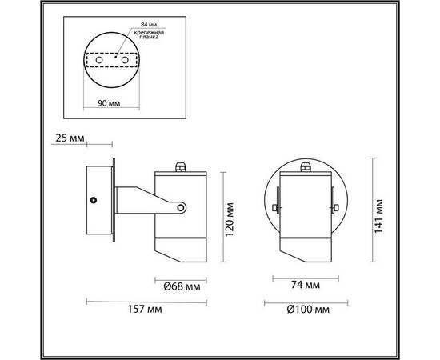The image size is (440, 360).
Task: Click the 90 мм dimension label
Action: click(x=109, y=103)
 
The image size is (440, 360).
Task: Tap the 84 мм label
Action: click(x=149, y=25)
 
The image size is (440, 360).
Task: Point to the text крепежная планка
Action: click(x=149, y=34)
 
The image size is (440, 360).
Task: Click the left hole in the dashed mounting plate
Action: click(x=99, y=60)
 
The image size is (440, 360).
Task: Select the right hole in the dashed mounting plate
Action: click(x=125, y=60)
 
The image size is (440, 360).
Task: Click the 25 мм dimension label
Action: click(x=70, y=138)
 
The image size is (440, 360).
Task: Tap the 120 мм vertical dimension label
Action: click(x=230, y=219)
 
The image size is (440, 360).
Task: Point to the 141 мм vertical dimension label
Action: click(x=378, y=216)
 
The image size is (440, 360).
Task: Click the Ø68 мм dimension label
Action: click(x=182, y=286)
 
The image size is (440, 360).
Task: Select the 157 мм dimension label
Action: click(x=145, y=310)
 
